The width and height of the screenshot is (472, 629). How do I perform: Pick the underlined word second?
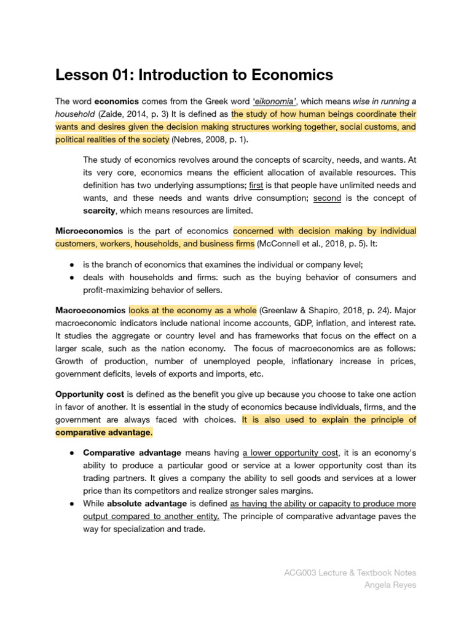[327, 198]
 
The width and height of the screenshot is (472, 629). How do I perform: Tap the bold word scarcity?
[99, 211]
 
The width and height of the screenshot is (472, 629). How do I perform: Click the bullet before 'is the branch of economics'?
[72, 264]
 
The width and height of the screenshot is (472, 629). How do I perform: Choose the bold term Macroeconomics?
[90, 310]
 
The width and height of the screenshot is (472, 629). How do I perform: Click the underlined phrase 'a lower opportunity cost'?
[291, 453]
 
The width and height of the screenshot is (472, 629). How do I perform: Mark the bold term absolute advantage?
[149, 504]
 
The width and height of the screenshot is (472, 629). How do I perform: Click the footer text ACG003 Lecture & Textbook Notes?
[350, 572]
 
